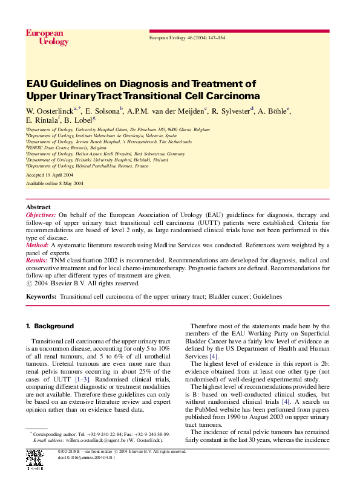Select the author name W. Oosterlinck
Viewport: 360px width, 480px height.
point(49,111)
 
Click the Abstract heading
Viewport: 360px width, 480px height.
point(38,207)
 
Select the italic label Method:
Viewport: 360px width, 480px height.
point(37,245)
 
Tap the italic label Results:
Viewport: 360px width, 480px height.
point(37,259)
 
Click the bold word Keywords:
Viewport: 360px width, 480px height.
point(41,297)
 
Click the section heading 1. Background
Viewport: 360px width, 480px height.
point(50,326)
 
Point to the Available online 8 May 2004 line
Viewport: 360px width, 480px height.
point(55,183)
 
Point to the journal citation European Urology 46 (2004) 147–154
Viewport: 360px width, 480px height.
point(187,38)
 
